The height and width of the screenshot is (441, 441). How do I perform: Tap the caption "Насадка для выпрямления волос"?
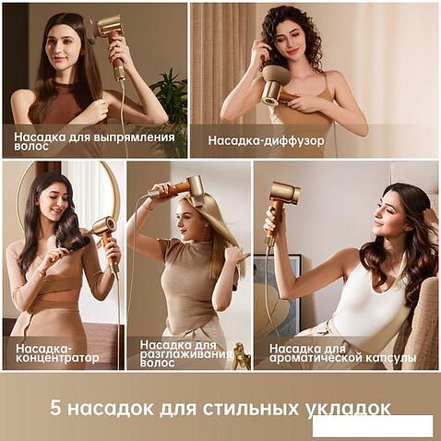click(x=94, y=141)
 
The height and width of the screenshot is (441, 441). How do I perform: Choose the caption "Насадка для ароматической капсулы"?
click(x=342, y=353)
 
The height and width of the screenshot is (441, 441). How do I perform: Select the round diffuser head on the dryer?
click(x=274, y=85)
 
